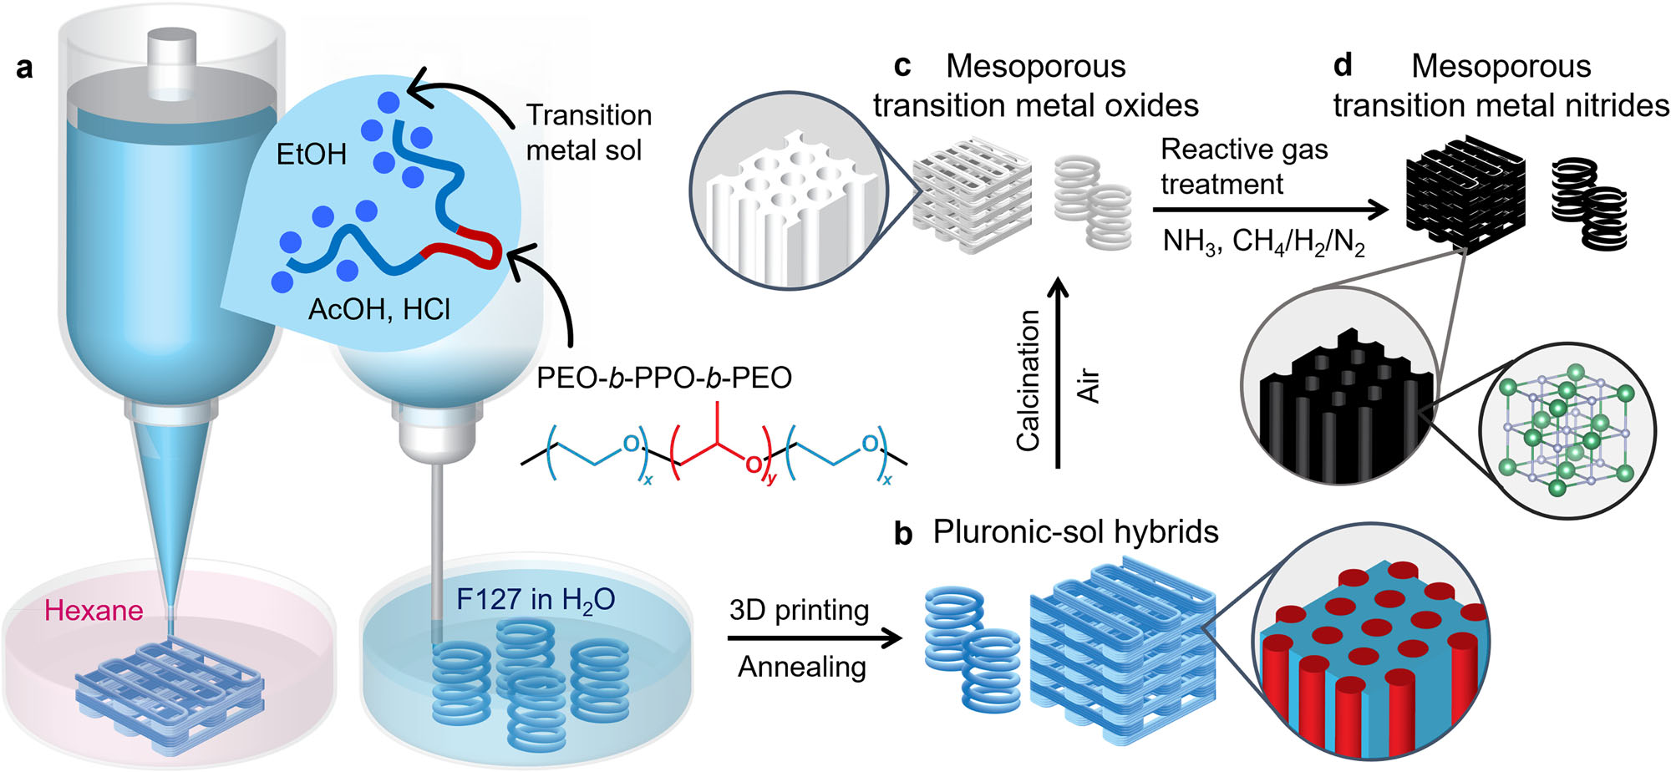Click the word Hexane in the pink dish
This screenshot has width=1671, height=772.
[94, 611]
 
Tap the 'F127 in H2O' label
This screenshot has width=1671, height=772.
[536, 600]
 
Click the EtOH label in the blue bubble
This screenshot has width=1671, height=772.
[311, 154]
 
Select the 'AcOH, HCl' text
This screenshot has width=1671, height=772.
[379, 310]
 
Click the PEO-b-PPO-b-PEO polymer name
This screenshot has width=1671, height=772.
[663, 378]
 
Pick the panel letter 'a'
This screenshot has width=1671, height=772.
[25, 68]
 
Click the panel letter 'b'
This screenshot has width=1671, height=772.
[902, 534]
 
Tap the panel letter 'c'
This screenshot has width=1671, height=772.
[902, 66]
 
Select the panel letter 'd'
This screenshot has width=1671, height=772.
[1343, 64]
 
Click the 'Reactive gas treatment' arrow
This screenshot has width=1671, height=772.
[1270, 210]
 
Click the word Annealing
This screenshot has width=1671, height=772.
[801, 667]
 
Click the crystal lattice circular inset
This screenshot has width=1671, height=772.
[1566, 430]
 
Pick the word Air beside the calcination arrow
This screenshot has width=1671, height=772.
[1089, 386]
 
